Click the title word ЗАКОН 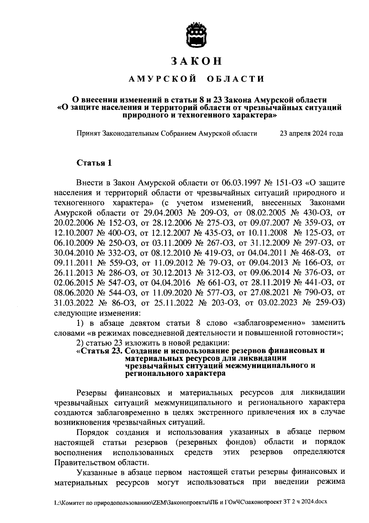[x=197, y=61]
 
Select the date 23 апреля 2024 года [x=311, y=134]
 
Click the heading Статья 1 [x=94, y=162]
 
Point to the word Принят [x=88, y=134]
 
